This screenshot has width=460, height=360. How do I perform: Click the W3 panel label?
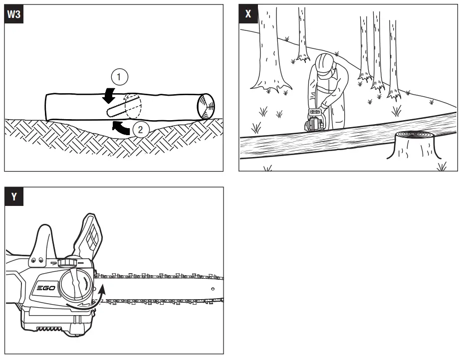pyautogui.click(x=13, y=15)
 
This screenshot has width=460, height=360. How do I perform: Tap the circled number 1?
pyautogui.click(x=118, y=77)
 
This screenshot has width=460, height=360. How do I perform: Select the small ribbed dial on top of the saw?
pyautogui.click(x=66, y=263)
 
